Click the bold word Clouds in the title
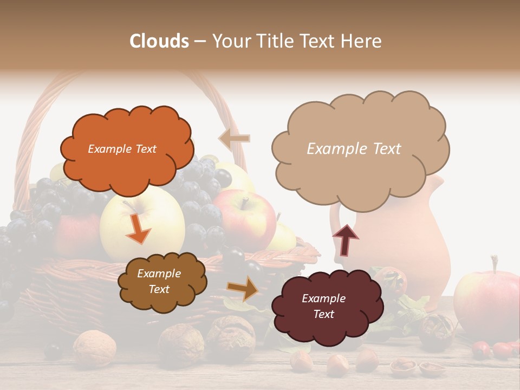(159, 41)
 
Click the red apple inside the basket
(245, 219)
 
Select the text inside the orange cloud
(122, 149)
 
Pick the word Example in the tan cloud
(331, 149)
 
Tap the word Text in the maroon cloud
(324, 314)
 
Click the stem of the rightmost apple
(494, 264)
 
